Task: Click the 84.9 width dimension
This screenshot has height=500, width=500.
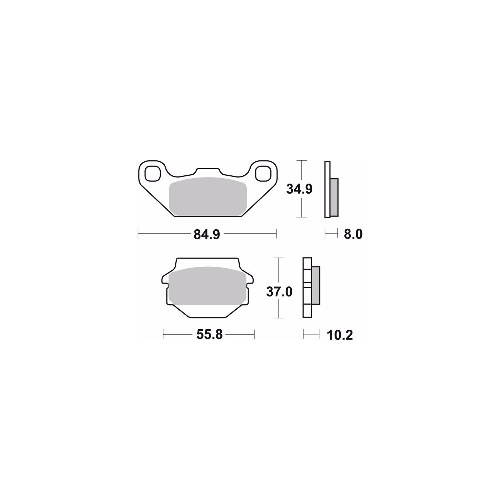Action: [206, 235]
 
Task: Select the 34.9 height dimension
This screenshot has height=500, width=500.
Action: [299, 189]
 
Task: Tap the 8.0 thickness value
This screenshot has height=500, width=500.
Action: [353, 234]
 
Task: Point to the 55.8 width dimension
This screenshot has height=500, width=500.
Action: [209, 334]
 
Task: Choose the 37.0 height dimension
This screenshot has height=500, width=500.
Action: [279, 292]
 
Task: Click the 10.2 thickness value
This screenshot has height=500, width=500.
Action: [340, 335]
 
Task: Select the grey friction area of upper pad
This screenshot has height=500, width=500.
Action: [207, 196]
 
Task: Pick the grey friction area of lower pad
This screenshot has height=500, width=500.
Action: [207, 286]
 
